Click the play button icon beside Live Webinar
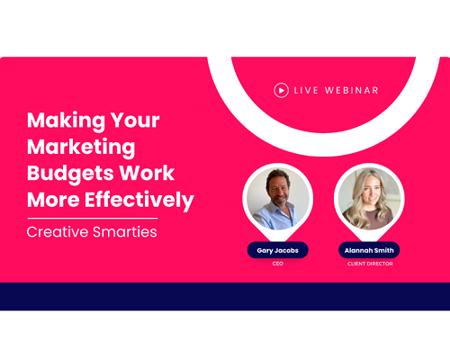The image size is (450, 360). pos(282,90)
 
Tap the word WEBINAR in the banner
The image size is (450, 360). pos(352,90)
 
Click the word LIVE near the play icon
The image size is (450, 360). pos(306,90)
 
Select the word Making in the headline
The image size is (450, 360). pos(66,121)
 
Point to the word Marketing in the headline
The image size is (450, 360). pos(81,147)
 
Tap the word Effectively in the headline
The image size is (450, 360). pos(139,200)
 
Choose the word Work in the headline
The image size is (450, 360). pos(147,173)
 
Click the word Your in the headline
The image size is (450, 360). pos(135,121)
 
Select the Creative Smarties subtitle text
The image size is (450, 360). pos(92,232)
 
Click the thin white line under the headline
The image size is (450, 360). pos(93,219)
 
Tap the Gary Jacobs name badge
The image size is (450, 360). pos(278,250)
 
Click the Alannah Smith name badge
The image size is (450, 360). pos(369,250)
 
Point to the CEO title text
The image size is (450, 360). pos(278,264)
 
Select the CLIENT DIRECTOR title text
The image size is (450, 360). pos(370,264)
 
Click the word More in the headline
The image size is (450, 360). pos(53,200)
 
